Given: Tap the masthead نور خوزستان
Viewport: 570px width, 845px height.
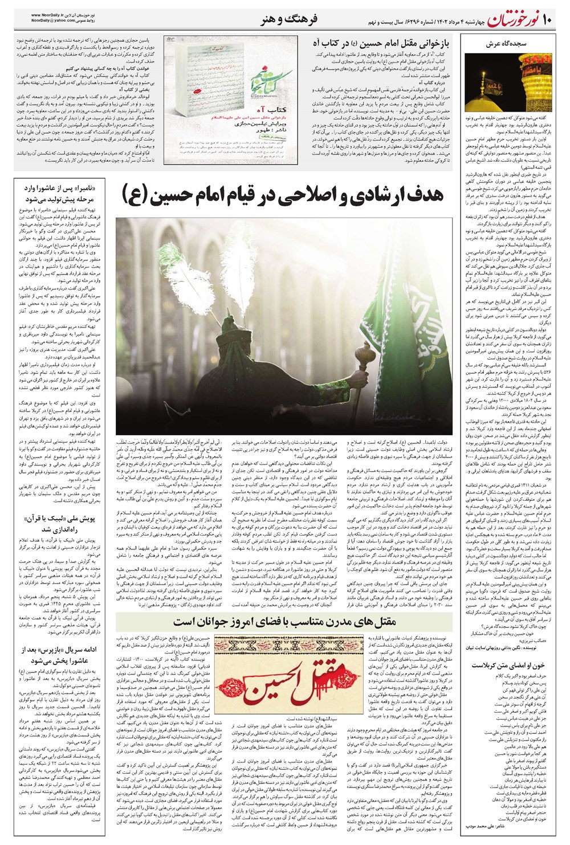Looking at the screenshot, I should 511,21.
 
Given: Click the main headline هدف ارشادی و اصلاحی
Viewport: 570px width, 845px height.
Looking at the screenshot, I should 282,194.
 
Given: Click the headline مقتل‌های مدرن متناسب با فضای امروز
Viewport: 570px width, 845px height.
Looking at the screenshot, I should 285,621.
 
